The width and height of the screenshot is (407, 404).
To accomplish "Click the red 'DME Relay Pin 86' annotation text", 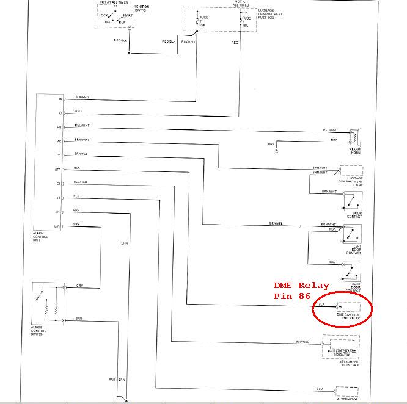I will tap(302, 290).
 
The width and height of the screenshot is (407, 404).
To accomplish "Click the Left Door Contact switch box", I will tap(352, 234).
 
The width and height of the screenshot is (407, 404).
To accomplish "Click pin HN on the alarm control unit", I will tap(59, 127).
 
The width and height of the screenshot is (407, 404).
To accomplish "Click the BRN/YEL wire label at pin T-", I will tap(81, 153).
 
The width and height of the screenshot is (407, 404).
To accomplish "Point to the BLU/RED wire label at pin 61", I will tap(80, 182).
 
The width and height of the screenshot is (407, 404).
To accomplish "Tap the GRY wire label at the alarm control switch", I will tap(79, 286).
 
